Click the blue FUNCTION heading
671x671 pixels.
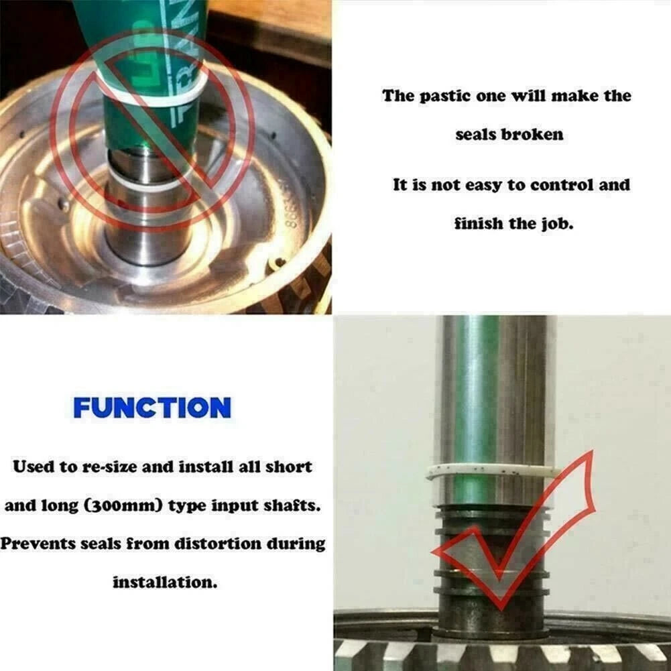(x=152, y=408)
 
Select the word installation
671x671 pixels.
(x=165, y=583)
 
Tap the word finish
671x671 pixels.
(x=479, y=223)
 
